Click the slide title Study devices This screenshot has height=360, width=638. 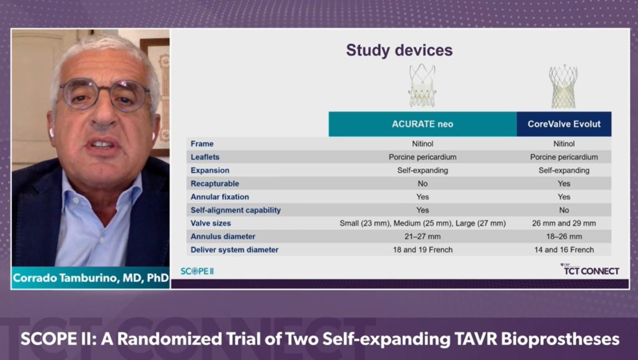(x=399, y=50)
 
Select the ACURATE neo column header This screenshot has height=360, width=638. (x=422, y=124)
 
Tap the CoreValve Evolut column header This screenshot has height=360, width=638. (x=564, y=124)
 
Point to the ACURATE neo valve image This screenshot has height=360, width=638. (x=422, y=85)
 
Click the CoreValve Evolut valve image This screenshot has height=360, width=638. (x=563, y=86)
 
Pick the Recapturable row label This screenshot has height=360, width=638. (x=214, y=184)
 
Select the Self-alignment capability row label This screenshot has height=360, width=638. (x=236, y=210)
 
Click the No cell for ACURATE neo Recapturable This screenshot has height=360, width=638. (x=422, y=184)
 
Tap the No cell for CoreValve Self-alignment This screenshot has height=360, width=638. (x=564, y=210)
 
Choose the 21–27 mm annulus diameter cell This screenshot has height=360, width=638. (x=422, y=237)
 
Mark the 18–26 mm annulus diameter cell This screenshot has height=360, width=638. (x=564, y=237)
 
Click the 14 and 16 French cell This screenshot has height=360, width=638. (x=564, y=250)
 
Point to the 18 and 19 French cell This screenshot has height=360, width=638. (x=422, y=250)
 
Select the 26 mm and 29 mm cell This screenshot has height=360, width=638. (x=564, y=223)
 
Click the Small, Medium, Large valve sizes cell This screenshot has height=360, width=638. (x=422, y=223)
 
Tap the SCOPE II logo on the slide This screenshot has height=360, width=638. (x=197, y=271)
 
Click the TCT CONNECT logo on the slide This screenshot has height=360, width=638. (x=591, y=270)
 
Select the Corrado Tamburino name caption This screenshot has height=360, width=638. (x=90, y=278)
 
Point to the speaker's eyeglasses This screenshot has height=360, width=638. (x=104, y=96)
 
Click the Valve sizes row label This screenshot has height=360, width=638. (x=211, y=223)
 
